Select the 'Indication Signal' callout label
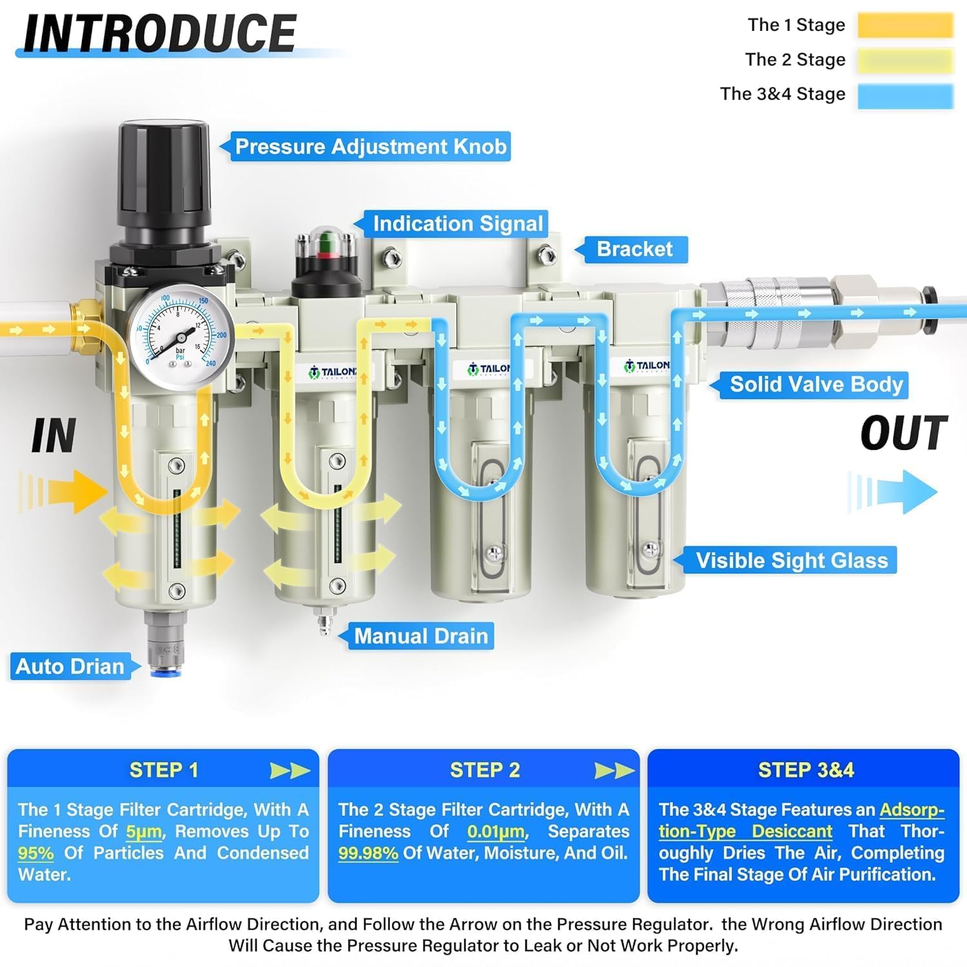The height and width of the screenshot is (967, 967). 458,224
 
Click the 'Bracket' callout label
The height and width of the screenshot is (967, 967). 634,249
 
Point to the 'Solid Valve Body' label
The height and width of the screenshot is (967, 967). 816,384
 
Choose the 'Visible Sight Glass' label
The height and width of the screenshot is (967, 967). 792,560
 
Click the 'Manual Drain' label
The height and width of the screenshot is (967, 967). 421,636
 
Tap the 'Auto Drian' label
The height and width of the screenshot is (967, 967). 70,666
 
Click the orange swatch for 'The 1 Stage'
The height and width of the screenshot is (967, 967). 905,25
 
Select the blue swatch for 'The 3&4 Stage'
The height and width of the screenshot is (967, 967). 905,95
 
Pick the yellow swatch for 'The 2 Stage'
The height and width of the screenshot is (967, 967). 905,60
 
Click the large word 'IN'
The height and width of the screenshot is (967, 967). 54,436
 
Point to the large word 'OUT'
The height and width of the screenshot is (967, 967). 904,433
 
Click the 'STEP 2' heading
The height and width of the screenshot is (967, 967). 485,770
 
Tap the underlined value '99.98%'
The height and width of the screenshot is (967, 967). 368,853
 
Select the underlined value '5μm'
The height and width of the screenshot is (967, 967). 144,832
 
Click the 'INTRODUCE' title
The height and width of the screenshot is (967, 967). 160,33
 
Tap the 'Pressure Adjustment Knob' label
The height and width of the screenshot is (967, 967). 371,146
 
